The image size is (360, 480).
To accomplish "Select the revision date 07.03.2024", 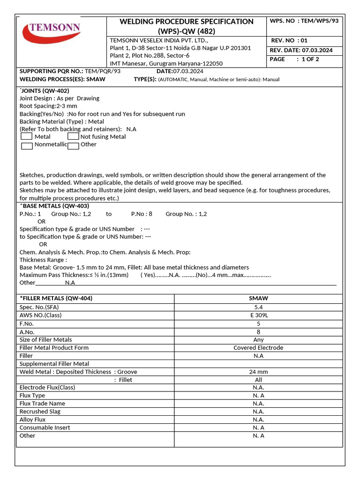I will pyautogui.click(x=317, y=50).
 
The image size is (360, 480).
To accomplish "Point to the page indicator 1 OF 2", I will pyautogui.click(x=310, y=59).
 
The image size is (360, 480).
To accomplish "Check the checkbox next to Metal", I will pyautogui.click(x=27, y=136).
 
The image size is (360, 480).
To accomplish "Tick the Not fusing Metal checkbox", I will pyautogui.click(x=73, y=136).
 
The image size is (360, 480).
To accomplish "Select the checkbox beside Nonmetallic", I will pyautogui.click(x=27, y=145).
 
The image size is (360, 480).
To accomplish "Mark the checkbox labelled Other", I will pyautogui.click(x=73, y=146).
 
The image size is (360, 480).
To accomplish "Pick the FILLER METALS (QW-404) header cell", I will pyautogui.click(x=56, y=298).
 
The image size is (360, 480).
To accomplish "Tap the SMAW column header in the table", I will pyautogui.click(x=258, y=298).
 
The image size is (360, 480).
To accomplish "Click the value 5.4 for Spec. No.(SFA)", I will pyautogui.click(x=258, y=307).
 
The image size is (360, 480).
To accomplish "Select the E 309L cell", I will pyautogui.click(x=258, y=315).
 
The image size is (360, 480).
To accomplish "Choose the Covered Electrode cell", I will pyautogui.click(x=258, y=348).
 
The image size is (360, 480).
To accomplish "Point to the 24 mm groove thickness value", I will pyautogui.click(x=258, y=372).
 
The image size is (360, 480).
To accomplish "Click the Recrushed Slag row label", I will pyautogui.click(x=40, y=412).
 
